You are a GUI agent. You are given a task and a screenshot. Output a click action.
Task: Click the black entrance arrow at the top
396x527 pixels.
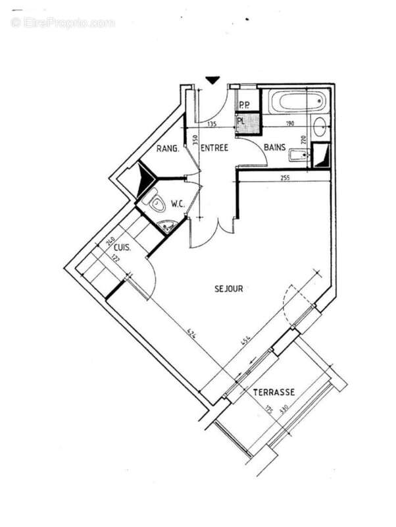coord(212,80)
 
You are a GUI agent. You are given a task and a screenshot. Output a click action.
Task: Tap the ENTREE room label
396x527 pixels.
coord(214,148)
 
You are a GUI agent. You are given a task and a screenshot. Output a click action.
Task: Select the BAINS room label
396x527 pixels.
coord(274,148)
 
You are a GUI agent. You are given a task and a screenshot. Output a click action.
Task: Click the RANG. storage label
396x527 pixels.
coord(168,150)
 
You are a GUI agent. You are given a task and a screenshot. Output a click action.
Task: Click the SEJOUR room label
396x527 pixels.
coord(229,289)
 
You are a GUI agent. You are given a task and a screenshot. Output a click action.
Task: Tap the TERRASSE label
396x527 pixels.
coord(274,393)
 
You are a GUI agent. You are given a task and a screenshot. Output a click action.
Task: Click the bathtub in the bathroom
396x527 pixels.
coord(297,103)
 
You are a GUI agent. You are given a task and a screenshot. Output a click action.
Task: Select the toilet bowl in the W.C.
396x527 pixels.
coord(156,204)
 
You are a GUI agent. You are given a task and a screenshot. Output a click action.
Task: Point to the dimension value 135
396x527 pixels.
coord(212,123)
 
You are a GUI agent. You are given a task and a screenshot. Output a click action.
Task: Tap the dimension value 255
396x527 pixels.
coord(285,177)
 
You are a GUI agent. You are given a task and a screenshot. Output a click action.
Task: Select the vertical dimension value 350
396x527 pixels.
coord(195,140)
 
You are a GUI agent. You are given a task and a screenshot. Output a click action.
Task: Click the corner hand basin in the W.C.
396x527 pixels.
coord(168,227)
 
